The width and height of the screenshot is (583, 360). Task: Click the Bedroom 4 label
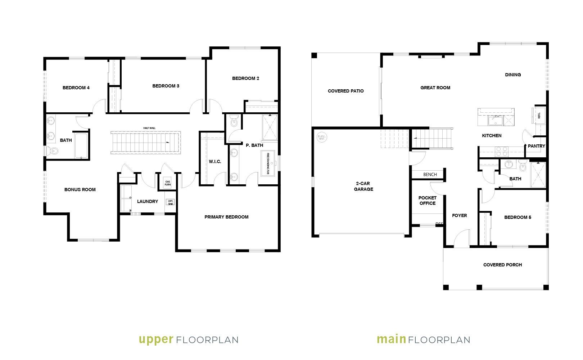pos(76,88)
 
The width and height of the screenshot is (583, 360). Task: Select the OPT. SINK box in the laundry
pos(170,202)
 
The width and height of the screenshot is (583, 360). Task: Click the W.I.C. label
pos(215,162)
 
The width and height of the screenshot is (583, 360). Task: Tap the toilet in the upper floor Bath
pos(53,152)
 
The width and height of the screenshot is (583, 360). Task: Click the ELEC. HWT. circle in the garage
pos(321,138)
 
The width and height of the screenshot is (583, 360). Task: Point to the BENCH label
pos(430,175)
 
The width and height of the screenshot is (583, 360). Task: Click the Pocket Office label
pos(428,201)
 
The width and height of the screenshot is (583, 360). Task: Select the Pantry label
pos(536,146)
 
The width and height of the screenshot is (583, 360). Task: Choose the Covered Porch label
pos(502,265)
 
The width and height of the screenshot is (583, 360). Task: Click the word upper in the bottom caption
pos(156,339)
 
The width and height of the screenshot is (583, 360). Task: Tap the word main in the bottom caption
pos(392,339)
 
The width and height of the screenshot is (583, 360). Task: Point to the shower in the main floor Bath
pos(538,175)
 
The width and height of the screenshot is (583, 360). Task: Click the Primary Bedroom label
pos(226,217)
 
